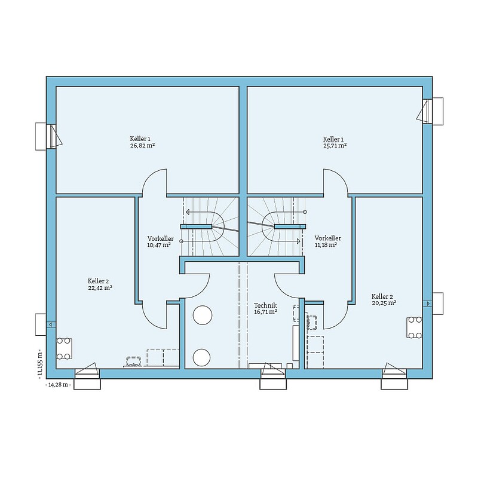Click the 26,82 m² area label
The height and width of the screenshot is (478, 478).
click(x=142, y=146)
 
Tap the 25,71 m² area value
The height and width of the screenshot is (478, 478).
click(x=335, y=146)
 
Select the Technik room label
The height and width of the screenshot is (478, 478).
click(x=265, y=305)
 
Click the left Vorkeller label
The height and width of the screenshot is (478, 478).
click(x=160, y=238)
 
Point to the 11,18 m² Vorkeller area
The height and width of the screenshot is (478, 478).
click(x=326, y=245)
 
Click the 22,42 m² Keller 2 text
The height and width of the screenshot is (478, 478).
click(x=100, y=288)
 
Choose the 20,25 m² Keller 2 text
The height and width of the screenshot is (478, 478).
click(x=384, y=303)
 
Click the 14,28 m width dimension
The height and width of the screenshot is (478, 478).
click(x=58, y=385)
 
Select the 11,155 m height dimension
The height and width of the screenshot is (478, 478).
click(x=39, y=364)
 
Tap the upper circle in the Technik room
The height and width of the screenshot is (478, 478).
click(x=203, y=315)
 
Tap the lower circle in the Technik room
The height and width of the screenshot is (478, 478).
click(x=201, y=357)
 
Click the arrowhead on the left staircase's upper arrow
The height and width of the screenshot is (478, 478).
click(x=188, y=212)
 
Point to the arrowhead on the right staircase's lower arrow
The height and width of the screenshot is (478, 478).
click(x=298, y=241)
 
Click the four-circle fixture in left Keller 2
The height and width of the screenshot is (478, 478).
click(x=65, y=348)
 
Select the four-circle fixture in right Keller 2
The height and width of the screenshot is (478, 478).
click(x=414, y=327)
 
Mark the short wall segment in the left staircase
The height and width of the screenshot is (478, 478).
click(x=196, y=226)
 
